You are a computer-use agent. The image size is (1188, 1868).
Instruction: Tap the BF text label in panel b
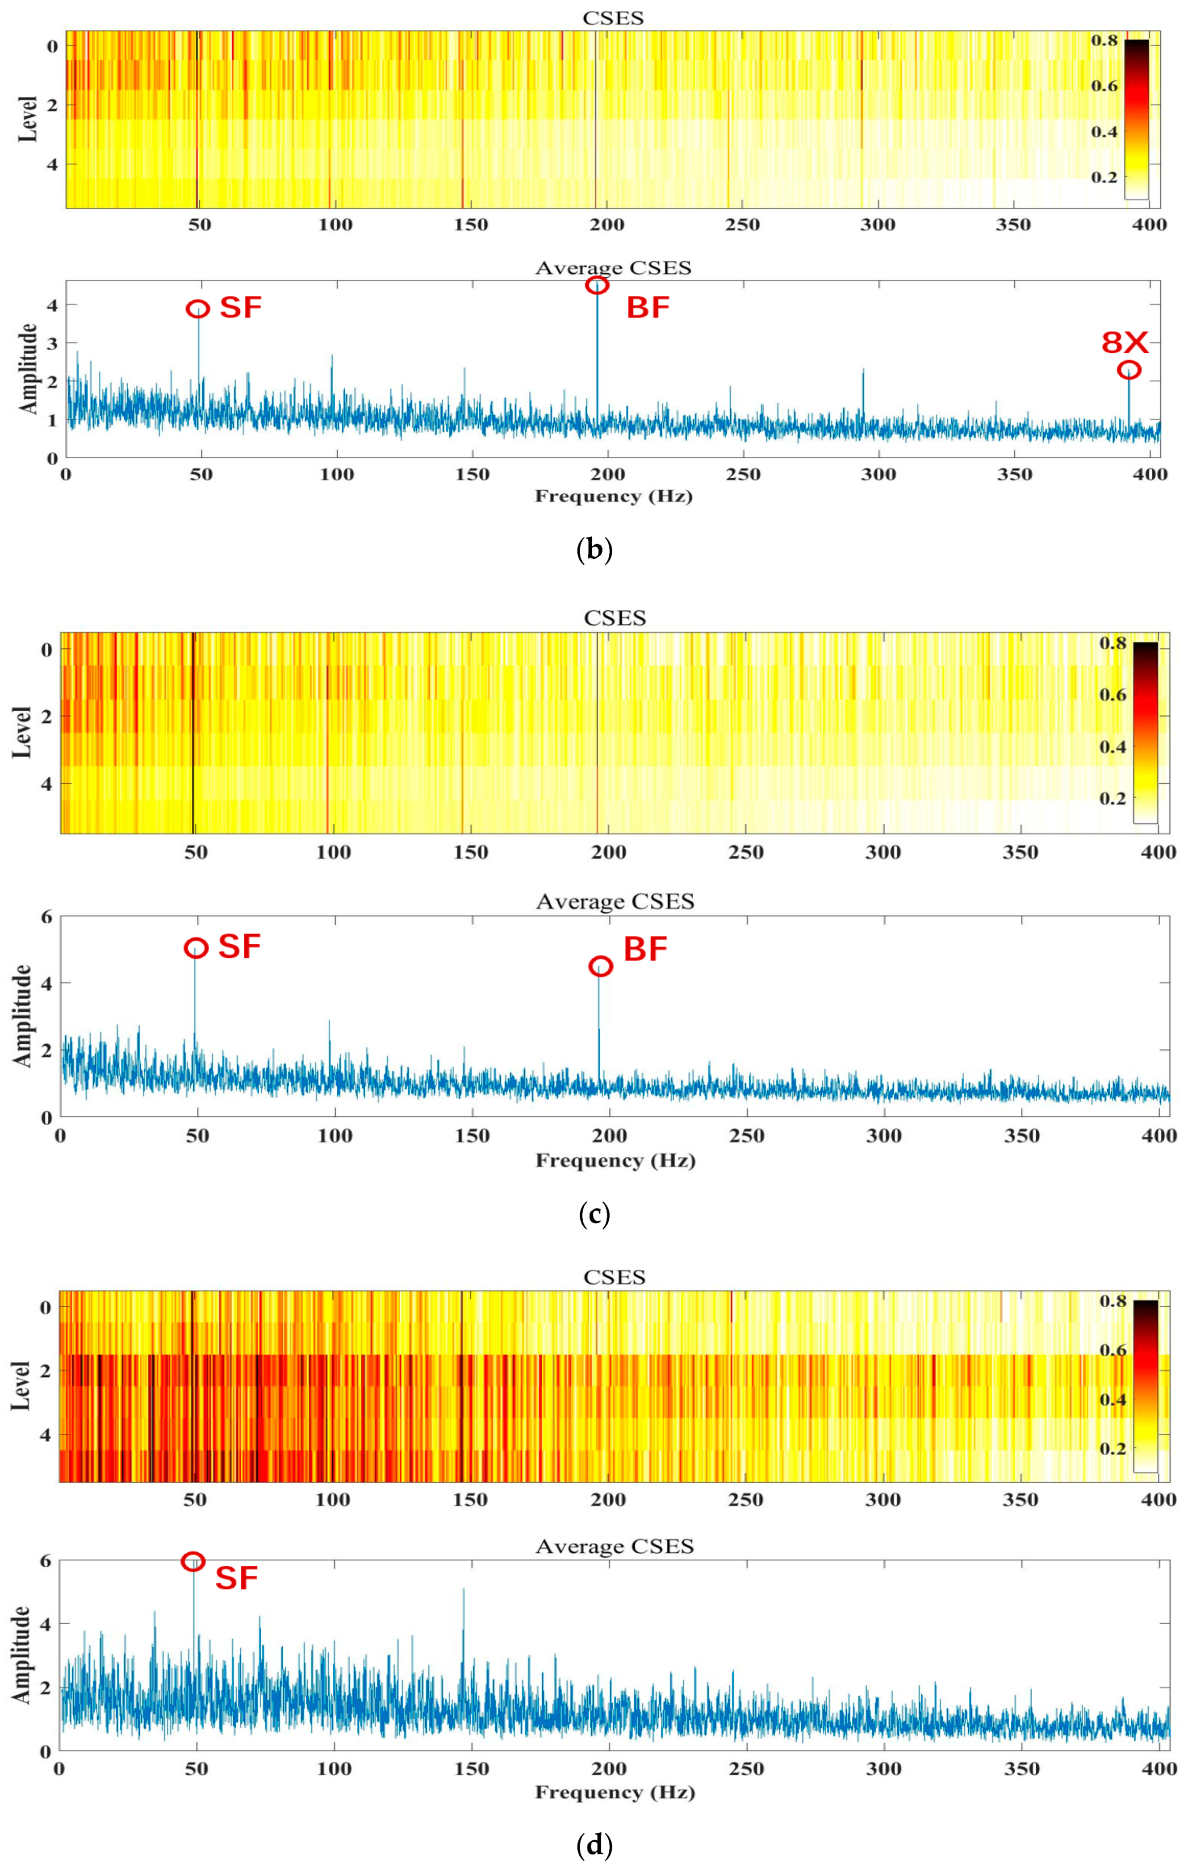pyautogui.click(x=648, y=308)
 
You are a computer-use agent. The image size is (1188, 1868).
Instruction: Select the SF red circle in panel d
pyautogui.click(x=193, y=1540)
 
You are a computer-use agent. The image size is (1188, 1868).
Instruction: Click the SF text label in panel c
pyautogui.click(x=239, y=947)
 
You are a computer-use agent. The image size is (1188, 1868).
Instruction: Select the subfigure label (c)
pyautogui.click(x=595, y=1213)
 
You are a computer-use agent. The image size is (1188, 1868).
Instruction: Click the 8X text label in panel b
pyautogui.click(x=1125, y=342)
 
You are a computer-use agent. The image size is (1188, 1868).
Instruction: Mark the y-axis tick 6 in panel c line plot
pyautogui.click(x=46, y=916)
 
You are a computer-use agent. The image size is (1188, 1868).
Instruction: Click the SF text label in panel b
pyautogui.click(x=241, y=308)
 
